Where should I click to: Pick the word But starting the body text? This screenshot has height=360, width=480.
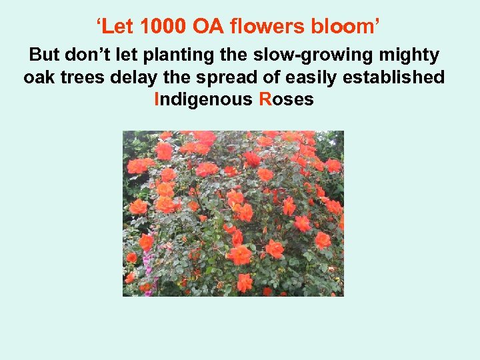click(45, 55)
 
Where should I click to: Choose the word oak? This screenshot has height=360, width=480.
click(39, 78)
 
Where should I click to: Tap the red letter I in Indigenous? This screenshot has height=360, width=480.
click(157, 100)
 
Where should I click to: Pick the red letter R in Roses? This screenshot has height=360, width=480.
click(265, 100)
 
